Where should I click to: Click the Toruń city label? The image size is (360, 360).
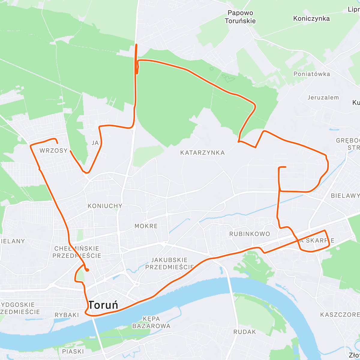(x=103, y=305)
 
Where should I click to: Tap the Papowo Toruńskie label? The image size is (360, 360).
(x=240, y=17)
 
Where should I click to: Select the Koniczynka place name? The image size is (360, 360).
(x=311, y=19)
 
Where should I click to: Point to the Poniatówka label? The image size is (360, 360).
(x=312, y=74)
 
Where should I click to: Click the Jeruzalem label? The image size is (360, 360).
(x=323, y=97)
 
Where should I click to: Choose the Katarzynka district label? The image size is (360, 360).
(x=202, y=153)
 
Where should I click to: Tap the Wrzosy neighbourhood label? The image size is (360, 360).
(x=53, y=151)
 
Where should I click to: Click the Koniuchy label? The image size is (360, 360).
(x=105, y=206)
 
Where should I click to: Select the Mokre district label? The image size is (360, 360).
(x=146, y=226)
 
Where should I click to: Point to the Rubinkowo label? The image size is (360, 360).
(x=250, y=234)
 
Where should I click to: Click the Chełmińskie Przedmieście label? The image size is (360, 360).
(x=77, y=252)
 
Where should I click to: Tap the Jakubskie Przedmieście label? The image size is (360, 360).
(x=169, y=263)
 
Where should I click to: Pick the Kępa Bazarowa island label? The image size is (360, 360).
(x=151, y=322)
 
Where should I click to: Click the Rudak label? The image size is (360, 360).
(x=245, y=332)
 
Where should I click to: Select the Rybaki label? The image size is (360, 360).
(x=67, y=315)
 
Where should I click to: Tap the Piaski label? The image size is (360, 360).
(x=73, y=351)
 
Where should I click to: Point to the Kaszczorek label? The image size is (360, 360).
(x=340, y=315)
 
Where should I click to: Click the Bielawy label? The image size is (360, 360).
(x=345, y=196)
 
